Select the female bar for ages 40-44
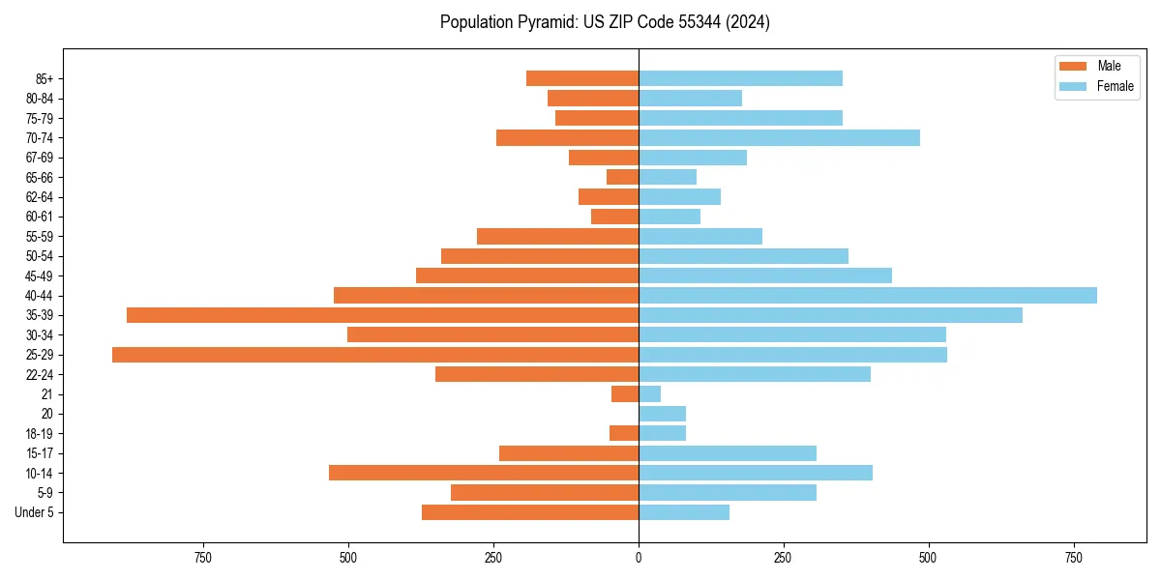[x=868, y=295]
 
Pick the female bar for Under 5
[x=684, y=512]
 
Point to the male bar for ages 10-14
[x=484, y=473]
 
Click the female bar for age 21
[x=650, y=394]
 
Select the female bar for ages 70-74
[x=779, y=138]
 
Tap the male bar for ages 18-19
[x=624, y=433]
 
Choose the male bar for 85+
[x=582, y=78]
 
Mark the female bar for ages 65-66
[x=668, y=177]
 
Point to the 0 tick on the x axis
[x=639, y=558]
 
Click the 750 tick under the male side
[x=202, y=558]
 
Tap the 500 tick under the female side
[x=928, y=558]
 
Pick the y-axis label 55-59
[x=40, y=237]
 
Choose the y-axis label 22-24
[x=40, y=375]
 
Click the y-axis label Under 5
[x=35, y=512]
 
